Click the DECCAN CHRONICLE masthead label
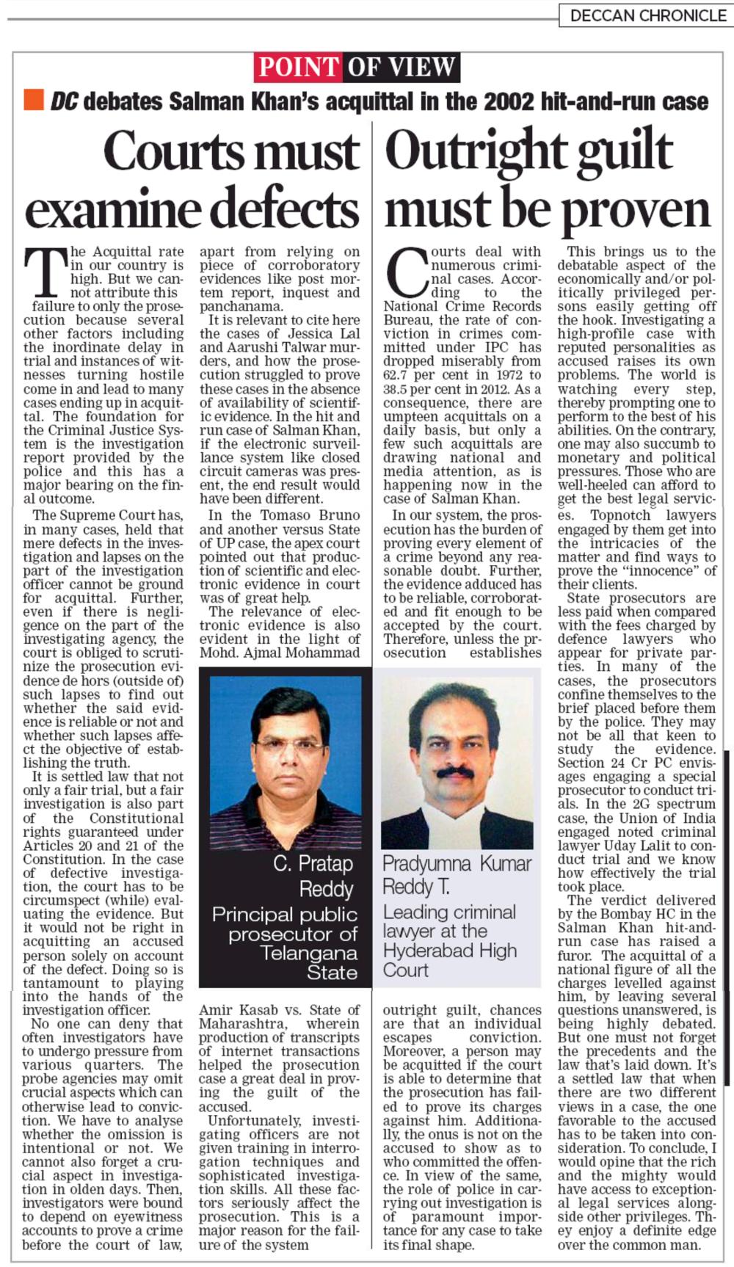647,15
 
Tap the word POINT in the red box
298,68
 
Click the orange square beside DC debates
34,101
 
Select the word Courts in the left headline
170,151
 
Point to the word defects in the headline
275,208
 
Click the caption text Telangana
309,953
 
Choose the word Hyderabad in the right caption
450,951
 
